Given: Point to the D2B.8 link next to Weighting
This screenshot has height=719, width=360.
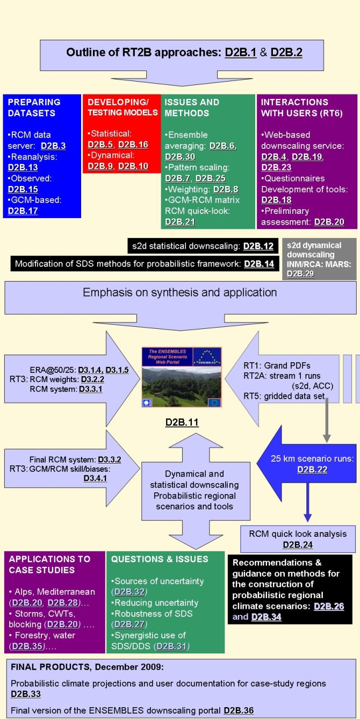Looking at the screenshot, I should point(225,189).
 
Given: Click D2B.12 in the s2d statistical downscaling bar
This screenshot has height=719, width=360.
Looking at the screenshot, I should point(258,247).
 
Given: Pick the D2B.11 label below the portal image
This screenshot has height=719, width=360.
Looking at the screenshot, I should point(182,422).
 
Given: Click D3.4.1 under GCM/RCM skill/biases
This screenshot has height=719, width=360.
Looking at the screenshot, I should point(95,478).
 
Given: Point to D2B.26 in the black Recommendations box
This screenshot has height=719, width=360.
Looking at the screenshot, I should point(329,606).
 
